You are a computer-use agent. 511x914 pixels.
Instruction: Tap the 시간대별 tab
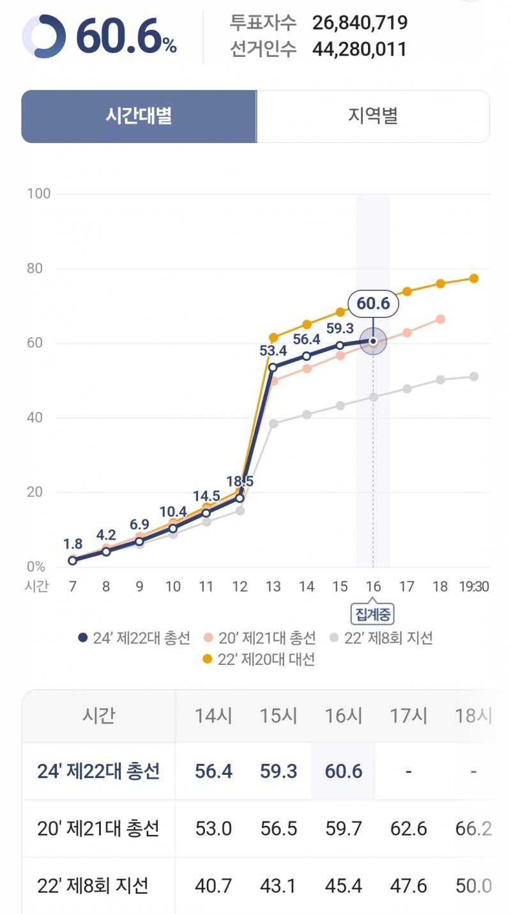[x=139, y=116]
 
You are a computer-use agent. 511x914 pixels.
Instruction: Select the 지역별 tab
[x=373, y=116]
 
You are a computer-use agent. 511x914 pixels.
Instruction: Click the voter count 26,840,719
[x=360, y=24]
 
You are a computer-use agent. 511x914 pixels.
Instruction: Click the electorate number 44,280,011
[x=360, y=49]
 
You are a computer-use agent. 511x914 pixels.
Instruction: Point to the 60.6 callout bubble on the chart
[x=373, y=303]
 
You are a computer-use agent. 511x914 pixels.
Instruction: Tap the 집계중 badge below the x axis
[x=372, y=614]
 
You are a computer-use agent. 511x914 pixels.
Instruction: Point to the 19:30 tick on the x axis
[x=473, y=586]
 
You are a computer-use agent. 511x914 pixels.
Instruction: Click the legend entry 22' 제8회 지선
[x=381, y=637]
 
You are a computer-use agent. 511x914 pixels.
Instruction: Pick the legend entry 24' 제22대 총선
[x=134, y=637]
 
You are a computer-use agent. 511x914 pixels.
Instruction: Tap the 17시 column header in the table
[x=408, y=716]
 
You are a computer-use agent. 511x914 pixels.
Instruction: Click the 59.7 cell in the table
[x=343, y=829]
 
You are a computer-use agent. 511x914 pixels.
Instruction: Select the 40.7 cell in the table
[x=213, y=886]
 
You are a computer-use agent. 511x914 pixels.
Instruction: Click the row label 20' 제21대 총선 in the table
[x=98, y=829]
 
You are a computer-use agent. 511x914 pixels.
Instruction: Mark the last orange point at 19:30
[x=474, y=278]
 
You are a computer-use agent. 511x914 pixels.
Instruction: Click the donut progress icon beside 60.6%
[x=43, y=36]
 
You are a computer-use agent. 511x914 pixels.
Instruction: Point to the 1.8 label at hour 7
[x=73, y=544]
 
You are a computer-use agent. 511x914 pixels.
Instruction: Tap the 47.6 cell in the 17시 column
[x=408, y=886]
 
